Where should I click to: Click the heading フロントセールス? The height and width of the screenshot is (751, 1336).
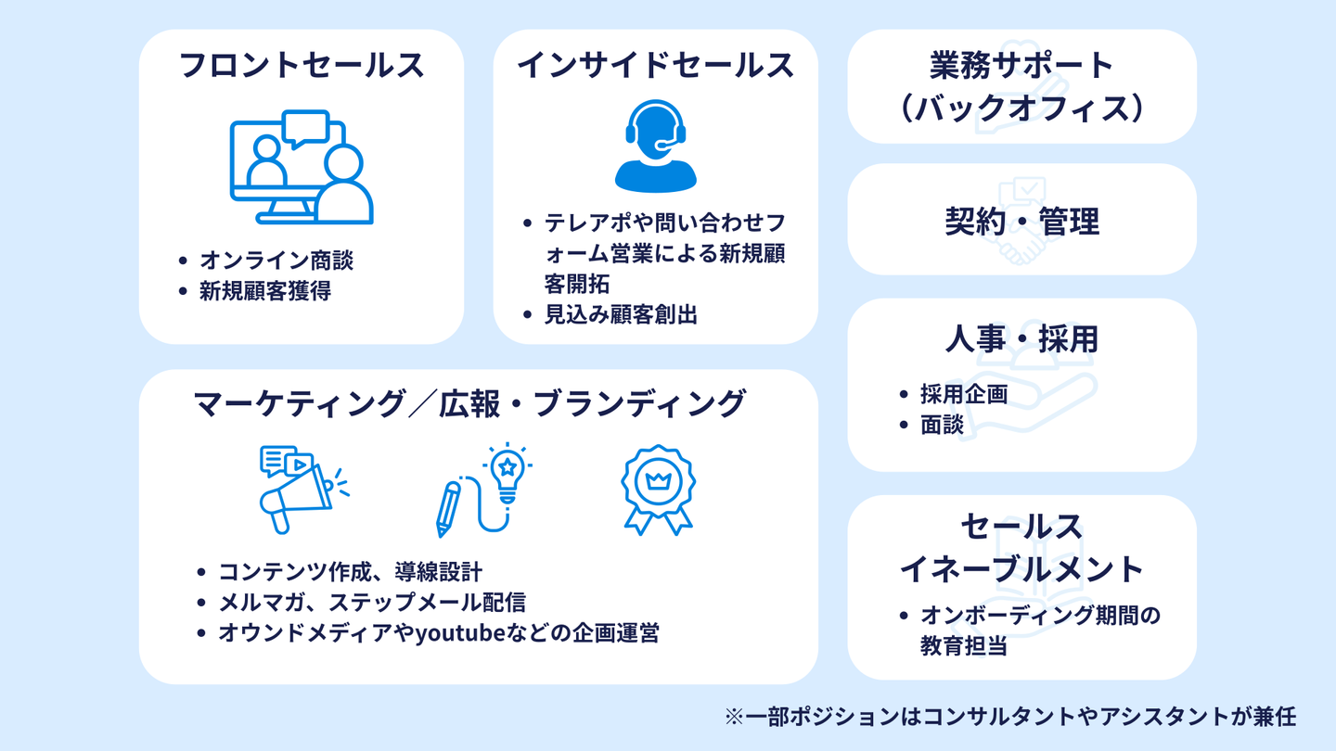point(301,66)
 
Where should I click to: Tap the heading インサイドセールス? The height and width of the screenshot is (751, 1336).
point(655,66)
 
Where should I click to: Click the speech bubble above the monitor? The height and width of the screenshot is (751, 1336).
point(305,129)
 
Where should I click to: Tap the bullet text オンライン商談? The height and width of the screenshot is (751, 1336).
point(276,261)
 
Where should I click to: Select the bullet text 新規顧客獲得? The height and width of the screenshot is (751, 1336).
point(265,291)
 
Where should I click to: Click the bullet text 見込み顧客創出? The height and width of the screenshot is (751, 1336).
point(621,314)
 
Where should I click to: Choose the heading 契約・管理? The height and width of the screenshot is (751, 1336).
point(1021,222)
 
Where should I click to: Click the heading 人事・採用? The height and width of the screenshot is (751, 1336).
point(1021,339)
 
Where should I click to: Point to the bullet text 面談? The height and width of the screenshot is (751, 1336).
point(942,425)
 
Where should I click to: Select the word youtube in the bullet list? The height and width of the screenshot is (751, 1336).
point(460,634)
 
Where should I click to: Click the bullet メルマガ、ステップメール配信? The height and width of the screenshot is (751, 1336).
point(372,603)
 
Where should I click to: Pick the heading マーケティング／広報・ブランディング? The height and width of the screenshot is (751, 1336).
point(469,404)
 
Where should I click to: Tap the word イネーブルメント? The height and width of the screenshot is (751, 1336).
point(1021,568)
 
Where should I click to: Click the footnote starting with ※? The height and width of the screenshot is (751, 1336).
point(1010,717)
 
